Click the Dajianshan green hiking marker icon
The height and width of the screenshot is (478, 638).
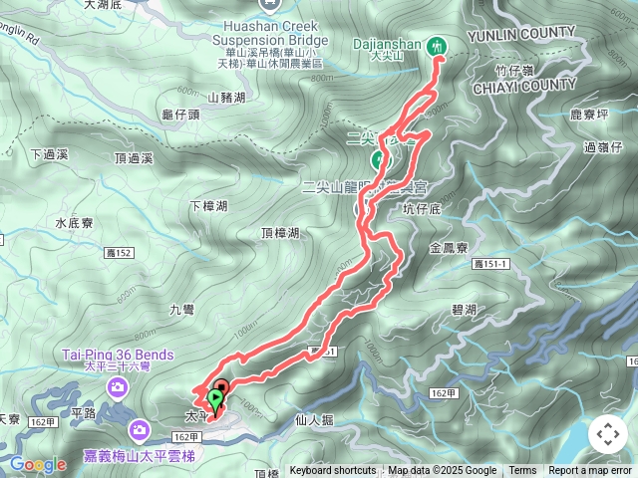[x=437, y=45]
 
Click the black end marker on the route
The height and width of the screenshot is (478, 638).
[x=221, y=388]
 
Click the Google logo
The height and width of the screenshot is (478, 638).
[x=38, y=464]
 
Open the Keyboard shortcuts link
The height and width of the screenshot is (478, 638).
[x=333, y=471]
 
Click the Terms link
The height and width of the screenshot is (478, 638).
[x=522, y=471]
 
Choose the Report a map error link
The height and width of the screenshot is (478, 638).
[x=591, y=471]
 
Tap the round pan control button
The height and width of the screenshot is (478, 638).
[x=607, y=434]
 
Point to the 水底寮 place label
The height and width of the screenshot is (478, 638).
[x=74, y=223]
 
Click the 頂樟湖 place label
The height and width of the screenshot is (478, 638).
[x=280, y=233]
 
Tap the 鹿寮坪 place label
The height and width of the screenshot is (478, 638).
[x=589, y=117]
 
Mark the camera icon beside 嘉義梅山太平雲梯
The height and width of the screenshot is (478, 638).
[x=140, y=430]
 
